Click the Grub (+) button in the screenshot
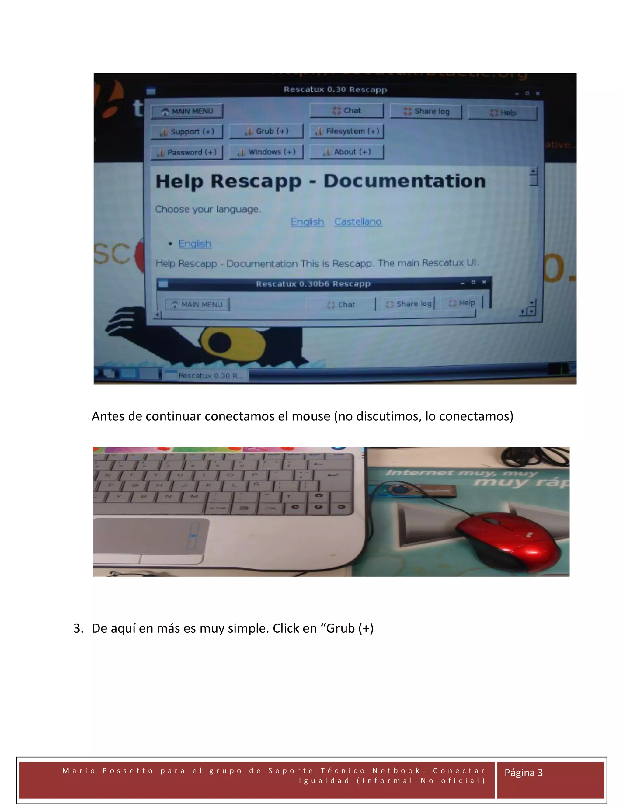pos(266,131)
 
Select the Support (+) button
pos(187,132)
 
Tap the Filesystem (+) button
pos(346,131)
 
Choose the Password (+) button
pos(187,152)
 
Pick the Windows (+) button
pos(266,152)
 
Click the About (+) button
pos(346,152)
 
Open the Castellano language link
pos(358,222)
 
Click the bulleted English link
pos(194,244)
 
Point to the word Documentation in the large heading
pos(404,181)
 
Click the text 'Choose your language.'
pos(208,209)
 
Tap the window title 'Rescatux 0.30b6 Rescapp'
pos(313,284)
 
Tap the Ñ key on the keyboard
pos(256,484)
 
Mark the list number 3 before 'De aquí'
pos(78,628)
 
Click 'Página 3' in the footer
pos(523,773)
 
